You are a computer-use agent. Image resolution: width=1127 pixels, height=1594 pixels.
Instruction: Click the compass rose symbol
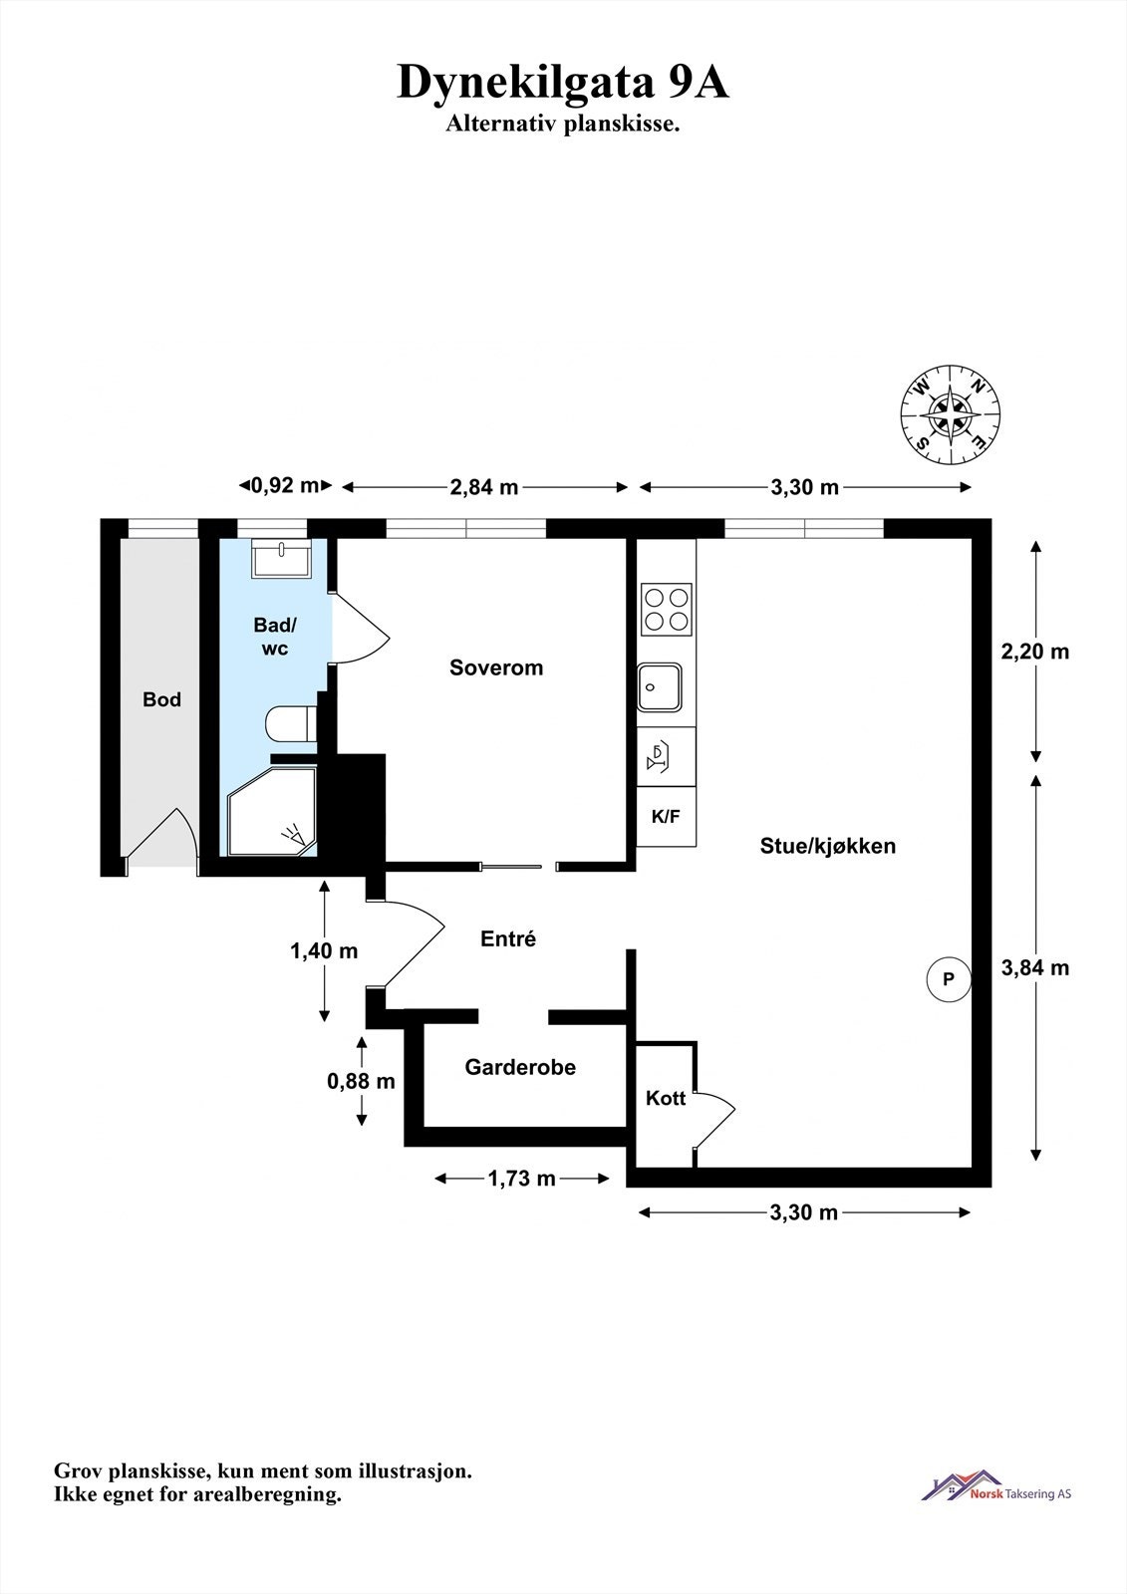point(951,414)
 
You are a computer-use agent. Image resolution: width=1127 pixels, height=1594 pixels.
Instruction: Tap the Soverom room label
point(496,667)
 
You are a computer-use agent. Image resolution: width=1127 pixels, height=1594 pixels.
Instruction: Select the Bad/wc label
point(275,637)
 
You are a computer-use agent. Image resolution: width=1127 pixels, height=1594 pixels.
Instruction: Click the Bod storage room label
point(161,699)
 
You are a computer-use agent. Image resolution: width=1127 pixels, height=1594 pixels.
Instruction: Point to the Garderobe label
point(520,1067)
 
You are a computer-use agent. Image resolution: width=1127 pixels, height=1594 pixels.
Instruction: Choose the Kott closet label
point(666,1098)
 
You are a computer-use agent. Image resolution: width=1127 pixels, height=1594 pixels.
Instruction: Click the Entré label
point(508,938)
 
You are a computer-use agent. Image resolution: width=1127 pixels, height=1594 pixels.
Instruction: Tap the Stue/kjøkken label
point(828,846)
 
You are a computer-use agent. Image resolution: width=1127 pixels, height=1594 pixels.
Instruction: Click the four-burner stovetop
point(667,610)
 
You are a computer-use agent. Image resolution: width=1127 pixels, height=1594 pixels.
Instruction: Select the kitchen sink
point(660,687)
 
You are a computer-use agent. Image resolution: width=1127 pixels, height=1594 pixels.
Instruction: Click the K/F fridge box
point(667,816)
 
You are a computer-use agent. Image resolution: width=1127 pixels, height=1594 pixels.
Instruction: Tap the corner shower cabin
point(272,811)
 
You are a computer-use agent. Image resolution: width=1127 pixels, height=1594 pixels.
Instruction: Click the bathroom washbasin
point(281,558)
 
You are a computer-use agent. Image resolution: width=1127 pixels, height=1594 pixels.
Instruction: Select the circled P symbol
point(949,980)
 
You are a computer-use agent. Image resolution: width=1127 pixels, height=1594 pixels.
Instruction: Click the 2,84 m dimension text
point(484,487)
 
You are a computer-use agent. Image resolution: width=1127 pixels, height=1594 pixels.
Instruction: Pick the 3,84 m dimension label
point(1035,967)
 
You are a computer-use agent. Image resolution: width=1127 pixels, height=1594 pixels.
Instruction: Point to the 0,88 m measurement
point(361,1082)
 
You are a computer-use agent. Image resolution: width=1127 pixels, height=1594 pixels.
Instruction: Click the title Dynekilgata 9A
point(563,83)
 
